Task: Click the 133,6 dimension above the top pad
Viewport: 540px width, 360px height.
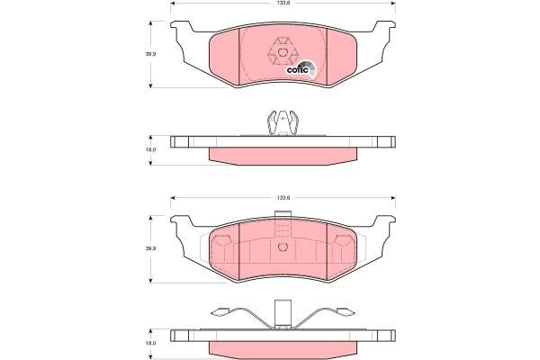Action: pyautogui.click(x=283, y=5)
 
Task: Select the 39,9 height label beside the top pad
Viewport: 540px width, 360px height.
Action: pyautogui.click(x=151, y=54)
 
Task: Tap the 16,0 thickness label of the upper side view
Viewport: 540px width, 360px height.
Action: pyautogui.click(x=151, y=150)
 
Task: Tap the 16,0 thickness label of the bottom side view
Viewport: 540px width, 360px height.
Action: pyautogui.click(x=151, y=342)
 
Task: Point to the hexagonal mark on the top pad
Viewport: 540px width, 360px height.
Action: pyautogui.click(x=283, y=51)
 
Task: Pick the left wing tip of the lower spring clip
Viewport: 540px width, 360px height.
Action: pyautogui.click(x=215, y=313)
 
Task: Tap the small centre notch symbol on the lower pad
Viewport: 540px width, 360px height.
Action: pyautogui.click(x=283, y=247)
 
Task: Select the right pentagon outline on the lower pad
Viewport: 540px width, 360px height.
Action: pyautogui.click(x=343, y=241)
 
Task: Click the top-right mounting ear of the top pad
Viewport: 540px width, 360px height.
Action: pyautogui.click(x=385, y=31)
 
